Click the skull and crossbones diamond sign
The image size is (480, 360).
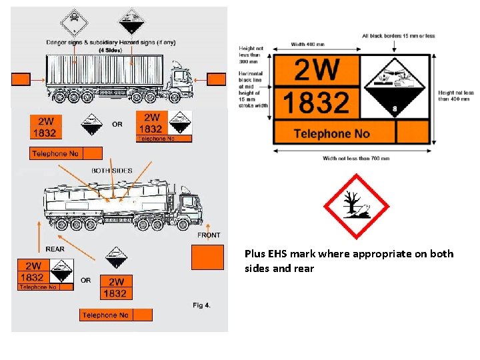pos(73,23)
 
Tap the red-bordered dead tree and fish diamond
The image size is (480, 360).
pos(355,207)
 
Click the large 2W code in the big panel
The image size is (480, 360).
pos(317,70)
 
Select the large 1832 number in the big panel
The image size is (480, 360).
pos(316,103)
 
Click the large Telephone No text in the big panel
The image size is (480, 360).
pos(331,133)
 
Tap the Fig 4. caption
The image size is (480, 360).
pos(201,305)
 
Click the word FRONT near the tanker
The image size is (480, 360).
pos(209,235)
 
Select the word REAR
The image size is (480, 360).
pos(55,249)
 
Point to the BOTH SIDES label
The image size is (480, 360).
pos(112,171)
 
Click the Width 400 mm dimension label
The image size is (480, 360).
pos(308,45)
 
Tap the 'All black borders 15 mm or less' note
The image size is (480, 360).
pos(399,36)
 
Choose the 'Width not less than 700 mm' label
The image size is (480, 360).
pos(356,158)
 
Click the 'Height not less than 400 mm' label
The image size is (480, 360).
pos(456,97)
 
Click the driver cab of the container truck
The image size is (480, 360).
pos(179,79)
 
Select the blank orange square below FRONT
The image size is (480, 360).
pos(207,257)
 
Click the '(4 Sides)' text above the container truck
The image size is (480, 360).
pos(110,50)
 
